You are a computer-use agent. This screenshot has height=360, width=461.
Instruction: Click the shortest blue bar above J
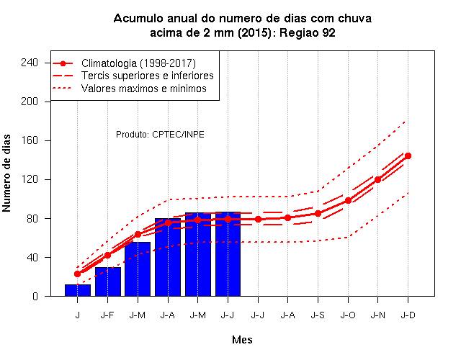pos(78,290)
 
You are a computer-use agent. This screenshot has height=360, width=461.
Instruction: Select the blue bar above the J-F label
pos(108,282)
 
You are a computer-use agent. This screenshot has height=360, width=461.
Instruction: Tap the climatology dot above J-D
pos(408,156)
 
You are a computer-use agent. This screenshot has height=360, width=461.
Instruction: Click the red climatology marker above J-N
pos(377,179)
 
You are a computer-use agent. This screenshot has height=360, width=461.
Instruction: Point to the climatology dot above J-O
pos(348,200)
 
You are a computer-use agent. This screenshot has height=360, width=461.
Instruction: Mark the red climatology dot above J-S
pos(318,213)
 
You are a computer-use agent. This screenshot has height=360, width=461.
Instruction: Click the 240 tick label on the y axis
pos(30,63)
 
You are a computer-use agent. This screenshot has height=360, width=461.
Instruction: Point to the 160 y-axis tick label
pos(30,140)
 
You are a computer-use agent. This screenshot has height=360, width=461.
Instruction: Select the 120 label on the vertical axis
pos(30,179)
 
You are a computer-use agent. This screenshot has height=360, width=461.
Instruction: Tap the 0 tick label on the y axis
pos(35,296)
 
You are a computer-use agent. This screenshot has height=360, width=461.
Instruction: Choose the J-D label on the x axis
pos(408,315)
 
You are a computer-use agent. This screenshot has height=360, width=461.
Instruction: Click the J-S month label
pos(318,315)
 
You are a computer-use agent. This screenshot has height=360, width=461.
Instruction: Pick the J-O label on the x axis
pos(348,315)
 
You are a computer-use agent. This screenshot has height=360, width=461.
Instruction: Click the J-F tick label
pos(107,315)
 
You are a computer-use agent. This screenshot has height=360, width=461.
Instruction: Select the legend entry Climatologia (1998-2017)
pos(138,63)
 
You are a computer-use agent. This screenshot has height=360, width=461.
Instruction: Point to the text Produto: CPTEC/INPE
pos(160,135)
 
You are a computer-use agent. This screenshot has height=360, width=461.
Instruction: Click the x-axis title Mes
pos(242,340)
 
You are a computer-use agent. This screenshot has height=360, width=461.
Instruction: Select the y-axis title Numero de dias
pos(6,173)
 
